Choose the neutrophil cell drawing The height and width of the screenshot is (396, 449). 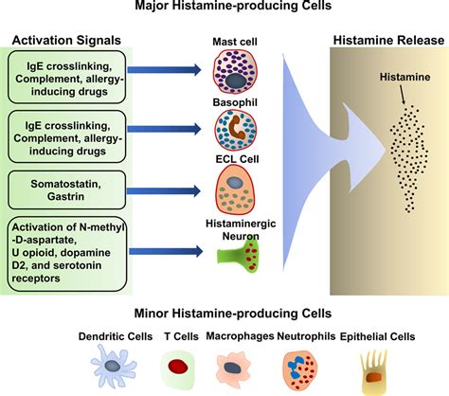297,365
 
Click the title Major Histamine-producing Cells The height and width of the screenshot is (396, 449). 224,9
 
